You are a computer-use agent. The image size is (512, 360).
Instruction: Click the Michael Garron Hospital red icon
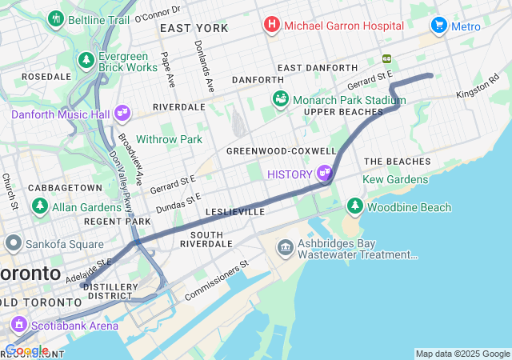[272, 26]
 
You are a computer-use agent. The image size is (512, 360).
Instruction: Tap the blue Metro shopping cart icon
[438, 26]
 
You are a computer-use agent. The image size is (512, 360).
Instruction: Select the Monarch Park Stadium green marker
[281, 99]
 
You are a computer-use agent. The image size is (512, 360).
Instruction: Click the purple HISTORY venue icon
[324, 173]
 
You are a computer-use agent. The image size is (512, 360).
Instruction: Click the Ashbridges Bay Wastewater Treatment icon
[285, 247]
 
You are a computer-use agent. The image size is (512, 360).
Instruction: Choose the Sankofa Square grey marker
[12, 242]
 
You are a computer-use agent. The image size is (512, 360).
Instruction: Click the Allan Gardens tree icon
[39, 206]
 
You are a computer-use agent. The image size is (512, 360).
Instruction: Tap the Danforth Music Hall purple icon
[122, 114]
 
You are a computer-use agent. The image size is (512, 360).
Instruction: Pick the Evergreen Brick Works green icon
[86, 61]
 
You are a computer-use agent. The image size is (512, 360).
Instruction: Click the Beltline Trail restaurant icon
[55, 18]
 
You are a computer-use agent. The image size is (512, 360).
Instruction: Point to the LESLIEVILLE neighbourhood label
[234, 212]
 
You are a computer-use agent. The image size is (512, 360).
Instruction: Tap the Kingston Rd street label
[478, 89]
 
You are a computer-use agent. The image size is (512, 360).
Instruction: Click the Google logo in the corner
[26, 350]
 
